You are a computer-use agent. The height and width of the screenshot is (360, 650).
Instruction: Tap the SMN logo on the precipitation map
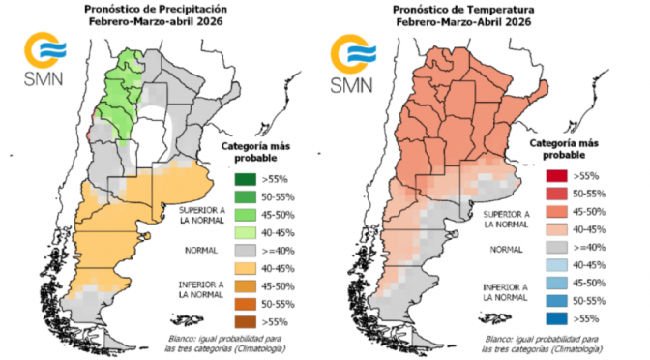(44, 61)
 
